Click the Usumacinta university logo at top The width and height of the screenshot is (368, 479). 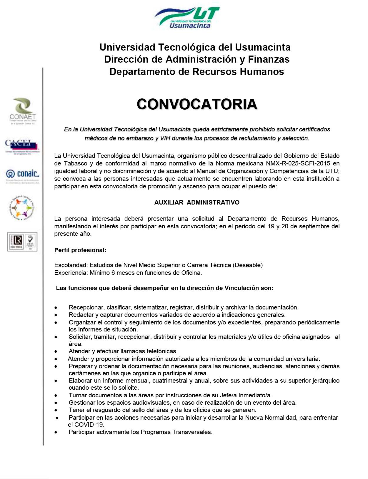tap(187, 18)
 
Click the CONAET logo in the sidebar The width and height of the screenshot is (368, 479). tap(22, 111)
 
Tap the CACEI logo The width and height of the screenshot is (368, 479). tap(21, 146)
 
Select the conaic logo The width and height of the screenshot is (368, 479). tap(22, 176)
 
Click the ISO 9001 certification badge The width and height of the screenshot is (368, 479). tap(22, 242)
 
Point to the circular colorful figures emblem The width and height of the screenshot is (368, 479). tap(22, 208)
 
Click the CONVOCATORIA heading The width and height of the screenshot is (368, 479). tap(197, 104)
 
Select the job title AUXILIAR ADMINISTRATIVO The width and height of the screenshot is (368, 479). tap(197, 202)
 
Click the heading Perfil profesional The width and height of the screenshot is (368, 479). tap(80, 250)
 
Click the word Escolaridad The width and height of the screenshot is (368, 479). tap(71, 265)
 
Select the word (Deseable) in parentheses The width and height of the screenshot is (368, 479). tap(248, 265)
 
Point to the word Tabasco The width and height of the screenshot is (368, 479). tap(76, 163)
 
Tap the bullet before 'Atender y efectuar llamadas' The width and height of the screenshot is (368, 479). tap(56, 351)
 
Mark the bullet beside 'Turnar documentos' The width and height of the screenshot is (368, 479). tap(56, 395)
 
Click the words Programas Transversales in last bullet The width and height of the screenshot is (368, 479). tap(176, 432)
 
